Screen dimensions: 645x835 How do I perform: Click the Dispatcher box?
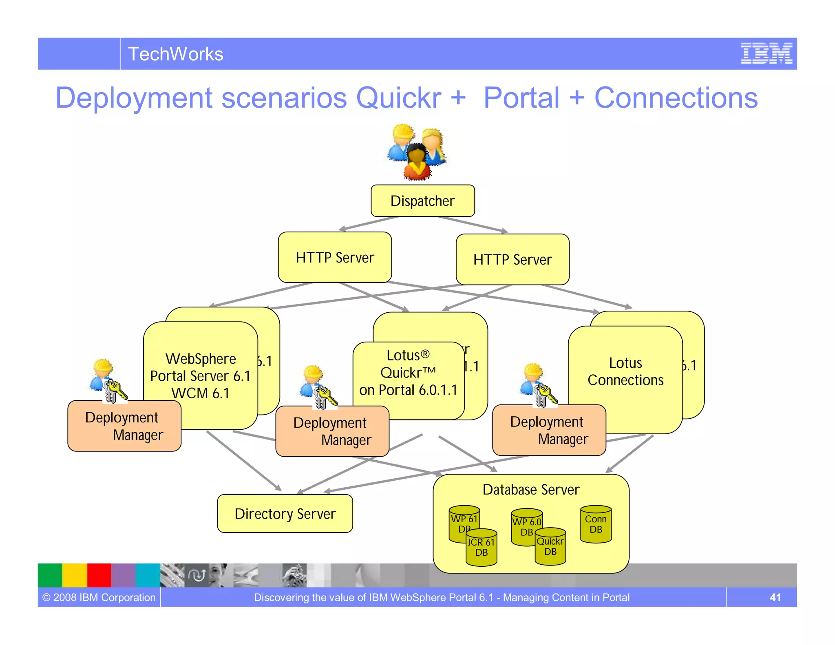click(422, 201)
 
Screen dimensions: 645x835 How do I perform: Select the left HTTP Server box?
click(335, 257)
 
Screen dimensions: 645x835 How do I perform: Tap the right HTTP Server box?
click(512, 259)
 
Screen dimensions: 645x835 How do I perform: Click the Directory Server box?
click(285, 514)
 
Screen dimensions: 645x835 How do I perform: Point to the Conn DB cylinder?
click(596, 525)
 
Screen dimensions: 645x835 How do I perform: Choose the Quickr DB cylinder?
click(550, 547)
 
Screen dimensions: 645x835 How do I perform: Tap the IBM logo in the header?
click(766, 53)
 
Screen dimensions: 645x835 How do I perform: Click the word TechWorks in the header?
click(176, 54)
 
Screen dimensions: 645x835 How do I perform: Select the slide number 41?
click(775, 597)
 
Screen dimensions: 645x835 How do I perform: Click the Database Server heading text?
click(531, 490)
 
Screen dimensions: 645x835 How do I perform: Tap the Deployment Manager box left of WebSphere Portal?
click(124, 426)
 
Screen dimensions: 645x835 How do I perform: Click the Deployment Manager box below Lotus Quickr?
click(332, 431)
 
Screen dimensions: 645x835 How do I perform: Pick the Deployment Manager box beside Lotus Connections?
click(549, 430)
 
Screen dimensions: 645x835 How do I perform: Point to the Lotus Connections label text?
click(625, 371)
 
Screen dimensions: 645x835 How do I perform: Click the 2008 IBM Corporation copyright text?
click(99, 597)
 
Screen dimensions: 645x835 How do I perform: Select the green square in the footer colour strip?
click(50, 575)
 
